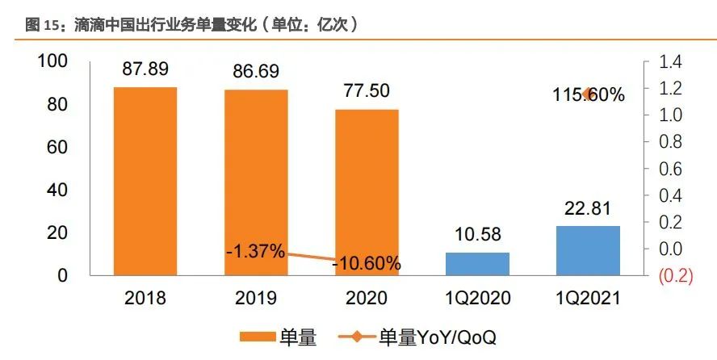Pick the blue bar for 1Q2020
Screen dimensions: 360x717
click(478, 263)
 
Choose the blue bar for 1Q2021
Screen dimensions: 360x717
click(589, 250)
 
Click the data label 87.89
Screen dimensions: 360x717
click(145, 69)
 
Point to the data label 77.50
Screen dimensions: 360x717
click(367, 90)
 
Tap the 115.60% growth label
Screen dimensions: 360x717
click(589, 94)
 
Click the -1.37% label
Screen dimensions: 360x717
click(255, 251)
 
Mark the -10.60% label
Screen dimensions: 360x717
click(367, 263)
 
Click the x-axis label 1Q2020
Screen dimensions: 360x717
click(478, 298)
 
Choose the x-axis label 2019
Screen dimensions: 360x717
click(256, 298)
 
